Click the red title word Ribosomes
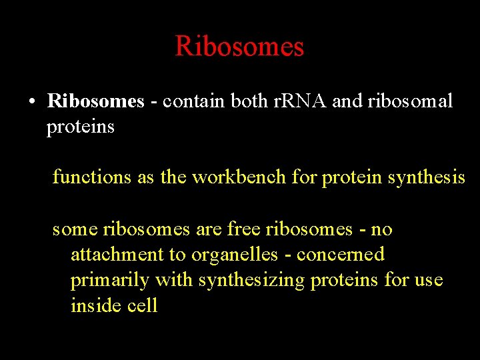tap(239, 47)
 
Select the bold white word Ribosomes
tap(95, 101)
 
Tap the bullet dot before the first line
tap(31, 102)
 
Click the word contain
tap(193, 101)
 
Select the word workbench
tap(241, 177)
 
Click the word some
tap(74, 230)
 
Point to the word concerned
tap(341, 255)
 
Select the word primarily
tap(110, 280)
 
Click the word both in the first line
tap(249, 101)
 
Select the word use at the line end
tap(428, 280)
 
